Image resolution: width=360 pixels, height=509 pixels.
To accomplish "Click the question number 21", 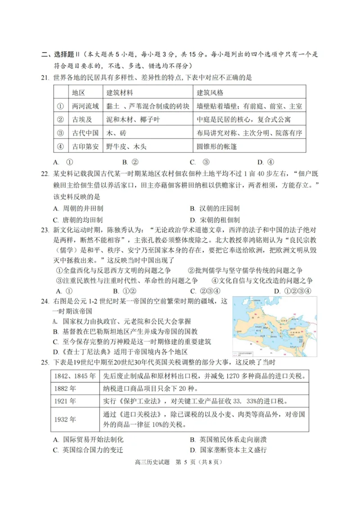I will tap(44, 77).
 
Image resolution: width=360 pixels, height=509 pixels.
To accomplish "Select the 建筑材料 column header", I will tap(119, 93).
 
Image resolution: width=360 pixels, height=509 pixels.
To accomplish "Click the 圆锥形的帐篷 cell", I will tap(217, 146).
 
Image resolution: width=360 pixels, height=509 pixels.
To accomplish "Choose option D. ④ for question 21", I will tap(265, 162).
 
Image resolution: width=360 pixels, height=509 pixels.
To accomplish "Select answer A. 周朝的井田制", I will tap(78, 209).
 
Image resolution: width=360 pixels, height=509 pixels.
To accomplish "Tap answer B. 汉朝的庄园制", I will tap(214, 209).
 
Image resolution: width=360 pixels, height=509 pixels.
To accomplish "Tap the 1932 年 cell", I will tap(65, 419).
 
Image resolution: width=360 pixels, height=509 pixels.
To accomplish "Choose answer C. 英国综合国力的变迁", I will tap(88, 450).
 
